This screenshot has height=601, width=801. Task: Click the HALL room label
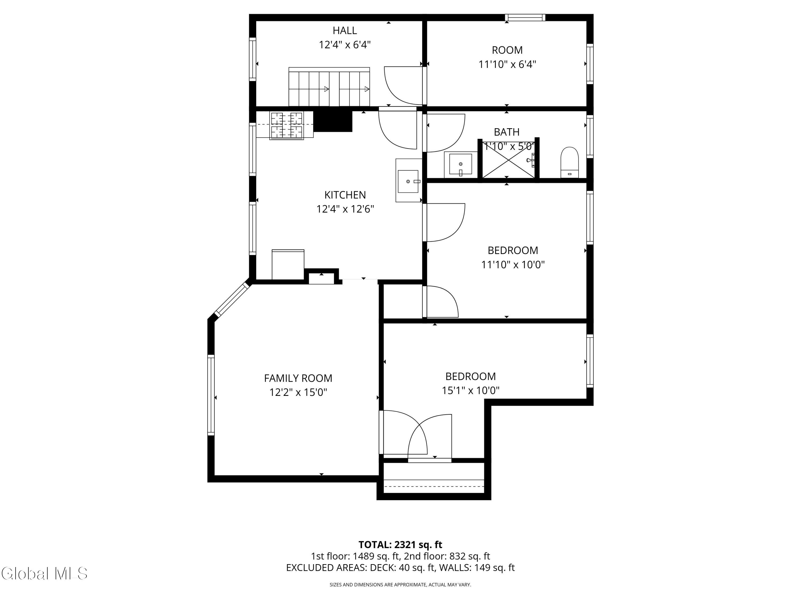click(x=345, y=30)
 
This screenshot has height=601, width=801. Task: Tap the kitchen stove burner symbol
click(x=286, y=125)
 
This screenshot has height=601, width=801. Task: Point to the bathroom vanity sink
click(x=461, y=165)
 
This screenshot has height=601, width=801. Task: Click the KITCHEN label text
click(x=345, y=195)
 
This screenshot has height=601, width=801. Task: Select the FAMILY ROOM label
click(x=298, y=378)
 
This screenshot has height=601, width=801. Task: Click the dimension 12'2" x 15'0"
click(x=298, y=392)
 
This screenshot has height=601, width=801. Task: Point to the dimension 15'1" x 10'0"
click(x=470, y=391)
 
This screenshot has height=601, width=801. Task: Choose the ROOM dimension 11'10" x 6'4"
click(x=507, y=64)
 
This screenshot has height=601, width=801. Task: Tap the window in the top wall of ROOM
click(x=525, y=17)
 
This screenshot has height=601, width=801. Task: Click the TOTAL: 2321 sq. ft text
click(x=400, y=545)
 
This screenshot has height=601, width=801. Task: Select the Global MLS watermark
click(x=44, y=573)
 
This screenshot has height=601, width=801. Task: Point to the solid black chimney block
click(x=333, y=121)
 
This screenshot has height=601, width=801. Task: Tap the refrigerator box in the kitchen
click(x=288, y=264)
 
